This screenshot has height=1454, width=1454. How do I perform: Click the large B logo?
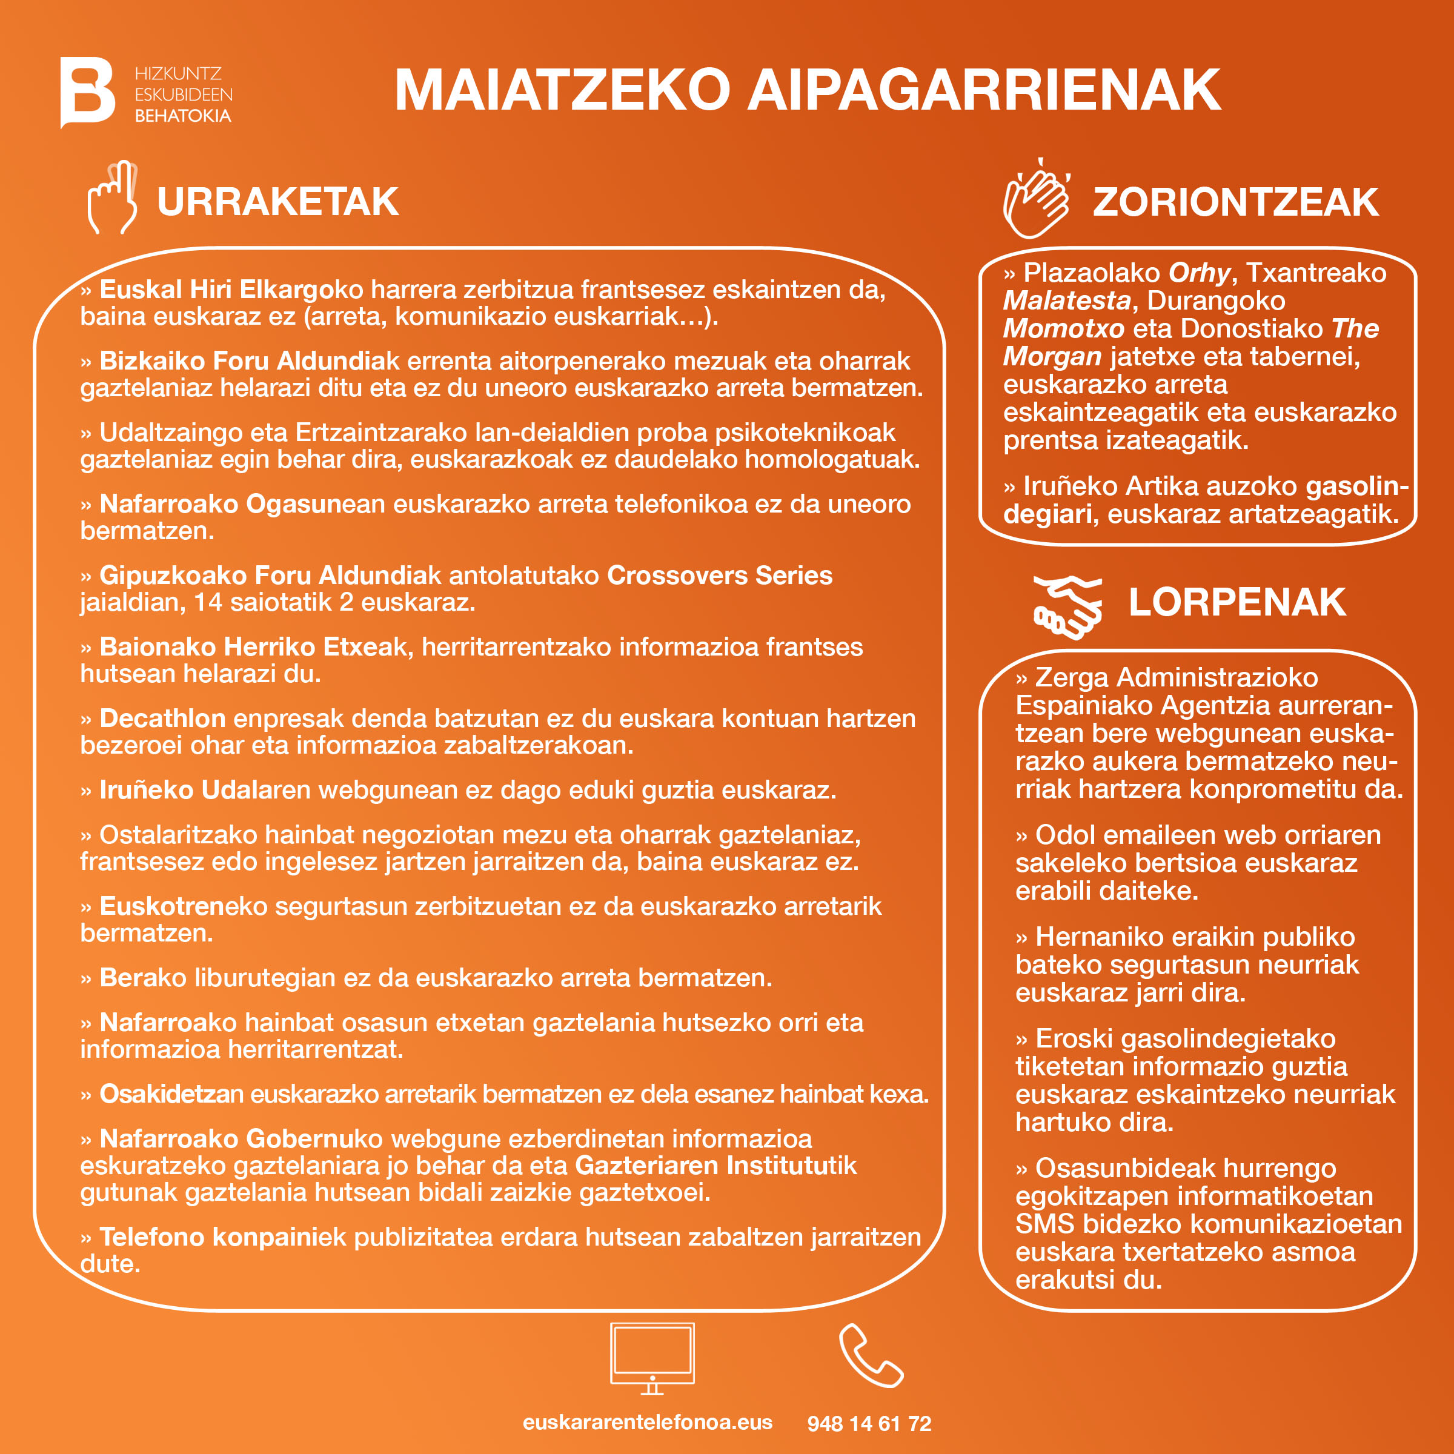87,92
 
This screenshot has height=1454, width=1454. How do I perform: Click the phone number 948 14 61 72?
869,1423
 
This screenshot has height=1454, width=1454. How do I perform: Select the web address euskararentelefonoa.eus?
647,1422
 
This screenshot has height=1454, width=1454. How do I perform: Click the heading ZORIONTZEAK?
1235,202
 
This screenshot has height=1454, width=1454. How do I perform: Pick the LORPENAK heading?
1237,602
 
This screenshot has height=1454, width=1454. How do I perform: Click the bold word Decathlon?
162,718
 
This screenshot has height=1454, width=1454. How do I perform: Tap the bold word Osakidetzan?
171,1094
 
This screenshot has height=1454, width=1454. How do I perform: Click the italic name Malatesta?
1066,301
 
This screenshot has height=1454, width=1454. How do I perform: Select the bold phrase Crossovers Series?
720,575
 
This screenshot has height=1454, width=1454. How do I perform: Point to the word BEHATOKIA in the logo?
183,116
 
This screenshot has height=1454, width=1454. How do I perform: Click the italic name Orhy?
1199,273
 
